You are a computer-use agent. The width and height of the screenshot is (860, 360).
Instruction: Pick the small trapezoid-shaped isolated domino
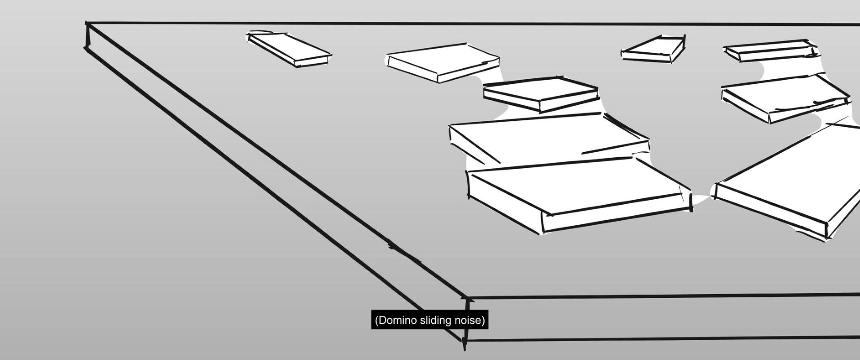click(x=655, y=49)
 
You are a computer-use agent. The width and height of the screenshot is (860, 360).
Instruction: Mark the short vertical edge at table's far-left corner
click(x=87, y=36)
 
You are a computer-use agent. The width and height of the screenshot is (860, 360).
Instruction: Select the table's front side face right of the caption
click(x=672, y=317)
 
